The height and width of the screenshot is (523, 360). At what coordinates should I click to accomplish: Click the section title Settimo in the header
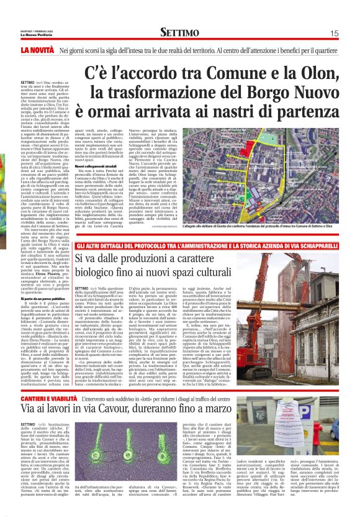point(179,32)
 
